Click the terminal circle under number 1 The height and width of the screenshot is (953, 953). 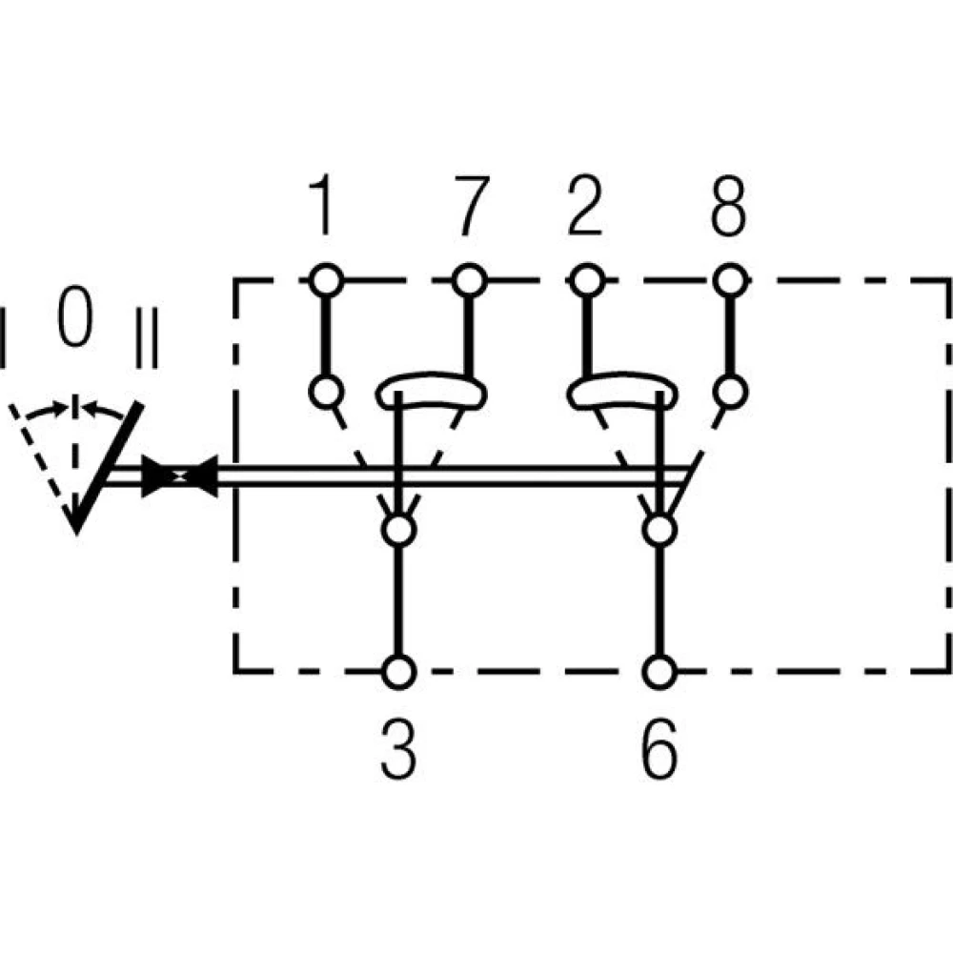325,280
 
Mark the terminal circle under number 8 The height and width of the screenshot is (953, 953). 729,280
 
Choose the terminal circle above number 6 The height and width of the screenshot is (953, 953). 657,672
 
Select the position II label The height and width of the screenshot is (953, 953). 147,336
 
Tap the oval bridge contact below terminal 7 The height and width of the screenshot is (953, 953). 431,392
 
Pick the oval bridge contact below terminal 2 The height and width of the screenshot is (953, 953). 621,392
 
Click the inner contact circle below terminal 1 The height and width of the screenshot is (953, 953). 325,391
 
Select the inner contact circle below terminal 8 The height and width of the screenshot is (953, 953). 729,391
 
